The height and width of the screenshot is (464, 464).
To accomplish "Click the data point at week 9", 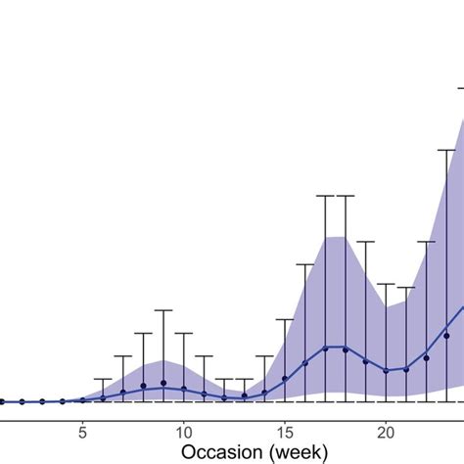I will point(163,383).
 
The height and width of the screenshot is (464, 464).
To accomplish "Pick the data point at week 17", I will point(325,349).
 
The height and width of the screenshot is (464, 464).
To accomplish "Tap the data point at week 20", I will point(386,370).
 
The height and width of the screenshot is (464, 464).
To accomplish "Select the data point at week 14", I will point(264,393).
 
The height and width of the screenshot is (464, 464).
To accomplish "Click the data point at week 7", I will point(123,393).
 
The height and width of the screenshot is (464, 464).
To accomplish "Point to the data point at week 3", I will point(42,401).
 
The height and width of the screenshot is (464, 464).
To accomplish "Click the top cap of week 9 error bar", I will point(163,310).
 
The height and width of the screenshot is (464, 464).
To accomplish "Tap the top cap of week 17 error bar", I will point(325,196).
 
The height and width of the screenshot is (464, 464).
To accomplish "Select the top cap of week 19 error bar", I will point(365,241).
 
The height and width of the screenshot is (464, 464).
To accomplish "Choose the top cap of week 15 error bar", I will point(285,319).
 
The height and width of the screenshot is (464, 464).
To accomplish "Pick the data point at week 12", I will point(224,396).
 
